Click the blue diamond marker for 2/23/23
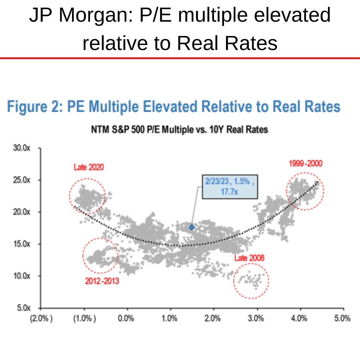coord(192,227)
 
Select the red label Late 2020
coord(89,167)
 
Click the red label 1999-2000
coord(306,164)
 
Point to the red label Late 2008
coord(249,258)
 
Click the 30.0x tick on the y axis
coord(22,148)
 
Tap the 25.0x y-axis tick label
coord(22,180)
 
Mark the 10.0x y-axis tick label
coord(22,276)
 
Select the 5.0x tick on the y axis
coord(23,308)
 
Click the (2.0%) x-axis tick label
coord(41,318)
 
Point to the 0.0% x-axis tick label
coord(127,318)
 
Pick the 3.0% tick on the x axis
coord(256,318)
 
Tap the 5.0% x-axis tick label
coord(342,318)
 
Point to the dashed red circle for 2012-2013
coord(100,256)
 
